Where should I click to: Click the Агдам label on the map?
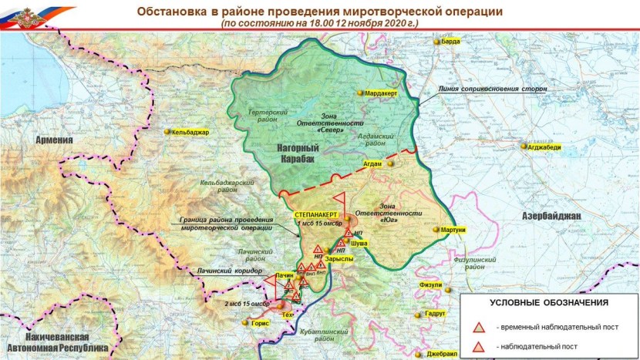pos(372,164)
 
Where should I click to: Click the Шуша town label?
pos(359,243)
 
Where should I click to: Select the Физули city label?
pos(430,285)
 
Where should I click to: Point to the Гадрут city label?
pos(436,315)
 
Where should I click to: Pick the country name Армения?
pos(49,140)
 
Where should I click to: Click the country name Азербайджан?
pos(551,215)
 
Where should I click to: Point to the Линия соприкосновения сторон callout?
pos(493,89)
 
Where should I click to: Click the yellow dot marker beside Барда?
pos(436,42)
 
